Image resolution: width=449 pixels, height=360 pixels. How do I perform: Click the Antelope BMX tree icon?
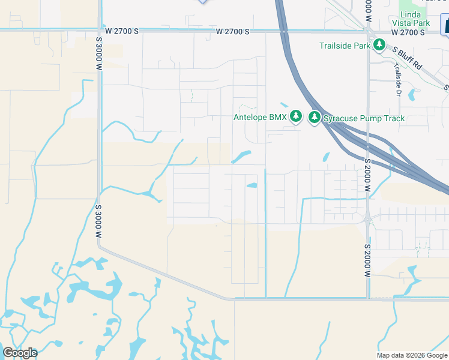coord(295,116)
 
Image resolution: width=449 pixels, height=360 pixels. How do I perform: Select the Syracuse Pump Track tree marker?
coord(315,118)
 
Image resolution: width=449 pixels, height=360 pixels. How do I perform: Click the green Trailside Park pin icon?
coord(379,45)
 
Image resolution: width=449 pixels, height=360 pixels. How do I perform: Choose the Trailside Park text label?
coord(344,45)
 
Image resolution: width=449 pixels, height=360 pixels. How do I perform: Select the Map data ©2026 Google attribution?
coord(412,355)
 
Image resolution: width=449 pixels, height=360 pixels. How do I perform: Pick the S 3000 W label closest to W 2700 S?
coord(99,55)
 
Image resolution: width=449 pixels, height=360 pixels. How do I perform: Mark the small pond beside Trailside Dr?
coord(411,95)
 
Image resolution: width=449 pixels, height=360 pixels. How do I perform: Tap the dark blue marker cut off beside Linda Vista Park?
coord(445,26)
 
